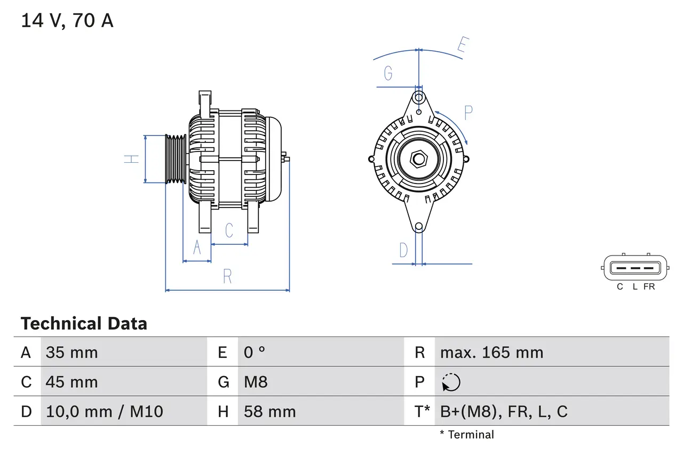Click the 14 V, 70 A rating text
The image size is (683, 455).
tap(67, 21)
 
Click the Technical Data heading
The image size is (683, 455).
tap(84, 324)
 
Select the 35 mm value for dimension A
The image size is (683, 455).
tap(72, 353)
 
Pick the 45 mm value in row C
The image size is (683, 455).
tap(72, 382)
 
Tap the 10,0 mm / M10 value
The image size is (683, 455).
tap(104, 411)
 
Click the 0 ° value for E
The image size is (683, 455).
tap(255, 353)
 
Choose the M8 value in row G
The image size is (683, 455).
tap(256, 382)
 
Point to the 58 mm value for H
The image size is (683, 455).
tap(269, 411)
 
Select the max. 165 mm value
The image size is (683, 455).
tap(491, 353)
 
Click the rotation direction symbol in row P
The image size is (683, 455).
tap(451, 382)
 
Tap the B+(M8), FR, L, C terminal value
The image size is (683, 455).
tap(504, 411)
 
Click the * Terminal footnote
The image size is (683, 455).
tap(467, 435)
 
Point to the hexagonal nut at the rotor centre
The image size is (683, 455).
tap(419, 159)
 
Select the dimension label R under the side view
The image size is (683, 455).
tap(227, 277)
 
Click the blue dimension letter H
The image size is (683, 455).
tap(131, 158)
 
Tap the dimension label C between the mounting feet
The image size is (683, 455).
tap(229, 230)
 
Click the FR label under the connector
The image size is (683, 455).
tap(649, 287)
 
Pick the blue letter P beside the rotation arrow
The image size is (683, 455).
tap(468, 113)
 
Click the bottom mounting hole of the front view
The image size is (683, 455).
tap(419, 227)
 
